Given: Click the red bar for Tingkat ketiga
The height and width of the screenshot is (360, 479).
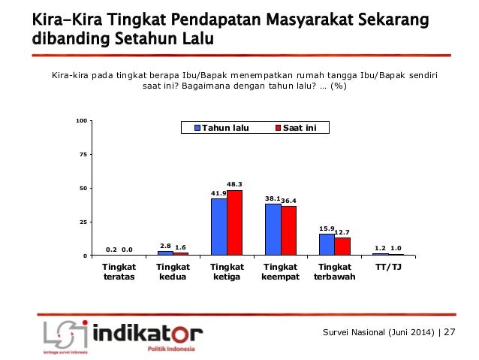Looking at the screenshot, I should (x=235, y=223).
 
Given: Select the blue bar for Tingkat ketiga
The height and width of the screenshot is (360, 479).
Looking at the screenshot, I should (x=218, y=227).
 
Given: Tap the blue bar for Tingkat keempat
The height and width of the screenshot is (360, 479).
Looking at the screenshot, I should (x=273, y=230).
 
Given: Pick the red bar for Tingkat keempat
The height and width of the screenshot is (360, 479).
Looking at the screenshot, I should (x=289, y=231).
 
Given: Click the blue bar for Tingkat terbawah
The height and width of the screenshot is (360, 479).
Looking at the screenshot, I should (x=327, y=245).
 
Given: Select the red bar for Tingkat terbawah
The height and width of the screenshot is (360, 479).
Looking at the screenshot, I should (x=342, y=247).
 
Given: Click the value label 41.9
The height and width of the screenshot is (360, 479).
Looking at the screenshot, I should (x=218, y=193).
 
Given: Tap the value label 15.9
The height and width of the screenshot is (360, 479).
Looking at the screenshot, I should (x=325, y=228).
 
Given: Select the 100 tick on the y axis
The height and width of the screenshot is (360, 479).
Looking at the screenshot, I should (x=80, y=120).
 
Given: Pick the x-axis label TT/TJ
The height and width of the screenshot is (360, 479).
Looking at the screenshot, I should (x=387, y=267).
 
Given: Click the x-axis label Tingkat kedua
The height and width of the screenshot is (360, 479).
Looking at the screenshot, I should (x=173, y=271).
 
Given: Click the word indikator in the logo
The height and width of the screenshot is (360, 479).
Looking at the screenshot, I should (x=149, y=332).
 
